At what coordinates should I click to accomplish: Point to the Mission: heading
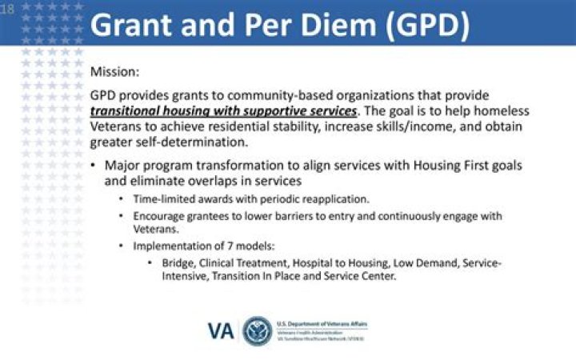115,71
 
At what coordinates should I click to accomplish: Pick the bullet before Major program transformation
94,166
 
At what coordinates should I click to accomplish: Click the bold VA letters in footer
222,330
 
